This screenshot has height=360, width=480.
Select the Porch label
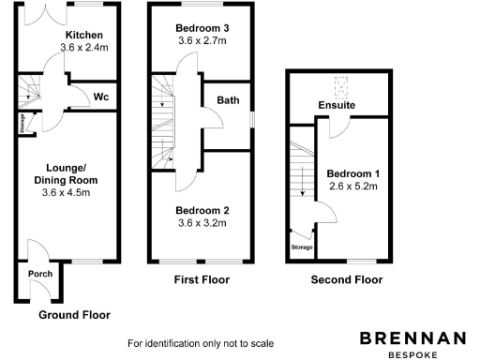point(40,275)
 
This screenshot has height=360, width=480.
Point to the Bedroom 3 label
point(202,29)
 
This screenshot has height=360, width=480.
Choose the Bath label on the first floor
point(228,100)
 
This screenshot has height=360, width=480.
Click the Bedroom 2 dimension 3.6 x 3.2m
point(202,223)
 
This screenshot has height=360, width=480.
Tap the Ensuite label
point(337,106)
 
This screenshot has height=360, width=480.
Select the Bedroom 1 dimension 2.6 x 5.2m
point(352,187)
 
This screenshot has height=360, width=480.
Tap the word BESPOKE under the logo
point(412,354)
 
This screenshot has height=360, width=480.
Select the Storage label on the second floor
point(301,248)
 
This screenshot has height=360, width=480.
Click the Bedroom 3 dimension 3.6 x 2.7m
point(202,42)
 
